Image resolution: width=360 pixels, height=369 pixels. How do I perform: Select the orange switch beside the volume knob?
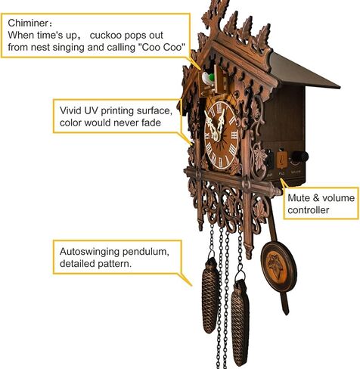coord(282,160)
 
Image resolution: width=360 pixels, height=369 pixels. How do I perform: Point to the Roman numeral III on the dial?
coord(234,135)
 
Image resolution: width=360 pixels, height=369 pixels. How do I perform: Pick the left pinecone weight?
coord(210,295)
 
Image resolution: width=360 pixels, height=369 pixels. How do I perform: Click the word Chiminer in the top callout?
coord(28,23)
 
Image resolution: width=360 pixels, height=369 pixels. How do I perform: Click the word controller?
coord(309,210)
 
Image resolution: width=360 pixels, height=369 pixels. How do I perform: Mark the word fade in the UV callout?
coord(151,122)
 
